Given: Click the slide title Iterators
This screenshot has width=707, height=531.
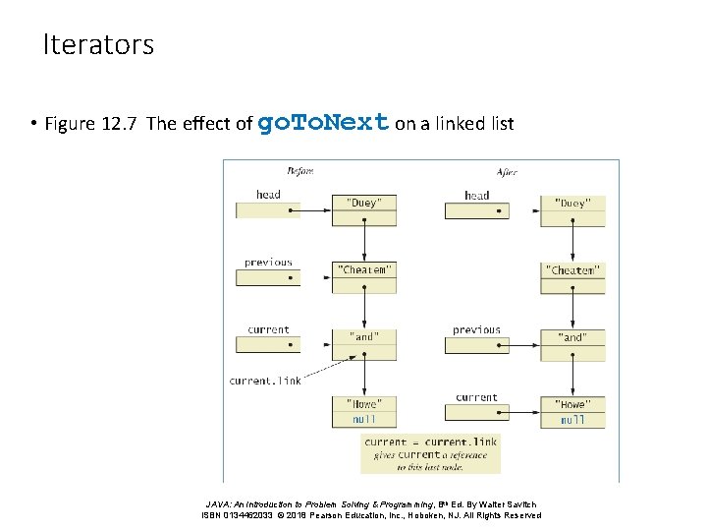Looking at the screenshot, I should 98,45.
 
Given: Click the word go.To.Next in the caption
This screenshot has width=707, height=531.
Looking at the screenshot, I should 323,123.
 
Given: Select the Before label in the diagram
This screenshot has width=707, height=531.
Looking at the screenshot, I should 299,171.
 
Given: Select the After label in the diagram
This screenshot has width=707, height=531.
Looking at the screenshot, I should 507,171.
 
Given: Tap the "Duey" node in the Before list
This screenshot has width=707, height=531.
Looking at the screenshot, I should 363,203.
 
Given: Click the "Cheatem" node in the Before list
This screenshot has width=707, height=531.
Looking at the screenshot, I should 364,269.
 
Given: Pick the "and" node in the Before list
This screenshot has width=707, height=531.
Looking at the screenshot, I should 363,336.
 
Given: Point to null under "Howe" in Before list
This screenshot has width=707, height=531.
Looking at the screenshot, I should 363,420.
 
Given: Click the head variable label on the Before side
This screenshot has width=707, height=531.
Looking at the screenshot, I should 268,195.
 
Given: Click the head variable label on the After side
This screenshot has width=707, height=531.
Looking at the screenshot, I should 476,195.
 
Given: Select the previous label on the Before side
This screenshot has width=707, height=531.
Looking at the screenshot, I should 268,263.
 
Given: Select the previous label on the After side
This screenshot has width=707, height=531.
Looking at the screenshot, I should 476,330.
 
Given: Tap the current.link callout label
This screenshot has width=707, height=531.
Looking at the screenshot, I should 265,381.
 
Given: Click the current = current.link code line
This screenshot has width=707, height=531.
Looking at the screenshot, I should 430,442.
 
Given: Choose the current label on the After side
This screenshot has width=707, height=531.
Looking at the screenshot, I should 476,397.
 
